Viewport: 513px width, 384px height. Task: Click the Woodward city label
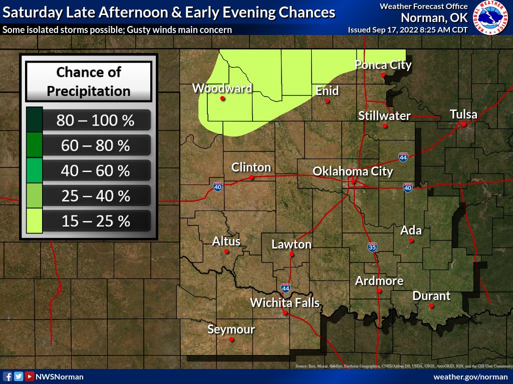(x=222, y=88)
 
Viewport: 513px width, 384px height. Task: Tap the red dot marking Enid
(x=327, y=100)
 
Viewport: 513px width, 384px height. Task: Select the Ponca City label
(x=383, y=64)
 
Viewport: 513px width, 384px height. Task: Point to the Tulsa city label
(x=463, y=114)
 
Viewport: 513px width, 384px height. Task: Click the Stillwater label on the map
(x=384, y=115)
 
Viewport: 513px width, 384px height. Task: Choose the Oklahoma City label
(x=353, y=171)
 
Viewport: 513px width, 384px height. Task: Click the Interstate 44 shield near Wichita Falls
(x=286, y=288)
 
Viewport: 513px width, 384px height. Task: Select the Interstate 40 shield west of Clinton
(x=217, y=186)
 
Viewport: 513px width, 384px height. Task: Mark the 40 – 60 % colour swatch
(x=35, y=170)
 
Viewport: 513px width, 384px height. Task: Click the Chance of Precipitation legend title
(x=89, y=81)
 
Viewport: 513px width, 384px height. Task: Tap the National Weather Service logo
(x=491, y=18)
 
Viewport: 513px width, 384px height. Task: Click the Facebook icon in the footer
(x=8, y=376)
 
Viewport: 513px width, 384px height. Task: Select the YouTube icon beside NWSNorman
(x=30, y=376)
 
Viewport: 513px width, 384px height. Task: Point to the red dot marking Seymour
(x=231, y=339)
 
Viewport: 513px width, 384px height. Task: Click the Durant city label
(x=431, y=295)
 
